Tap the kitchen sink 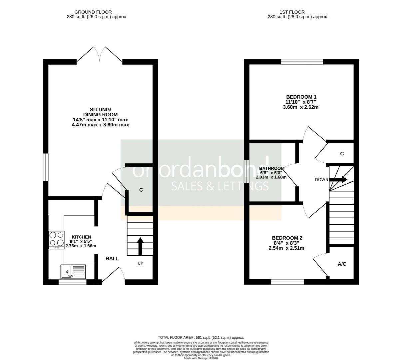73,271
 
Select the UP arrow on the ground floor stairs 140,246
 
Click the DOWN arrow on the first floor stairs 339,180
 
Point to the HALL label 112,258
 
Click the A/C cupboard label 342,264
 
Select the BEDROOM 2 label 287,238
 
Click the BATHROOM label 271,168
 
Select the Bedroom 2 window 287,282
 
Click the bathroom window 246,171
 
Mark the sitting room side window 46,167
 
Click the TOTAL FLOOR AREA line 201,337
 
